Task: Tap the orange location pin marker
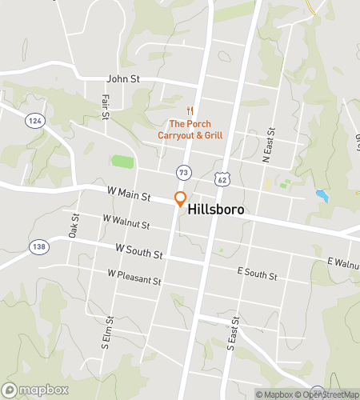point(181,199)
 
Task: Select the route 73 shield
point(184,172)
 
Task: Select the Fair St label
point(105,106)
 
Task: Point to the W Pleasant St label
point(134,282)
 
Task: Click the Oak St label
point(73,226)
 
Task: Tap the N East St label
point(270,145)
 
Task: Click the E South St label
point(257,275)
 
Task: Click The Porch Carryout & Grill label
point(190,129)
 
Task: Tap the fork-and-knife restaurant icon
point(190,110)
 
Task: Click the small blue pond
point(322,194)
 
